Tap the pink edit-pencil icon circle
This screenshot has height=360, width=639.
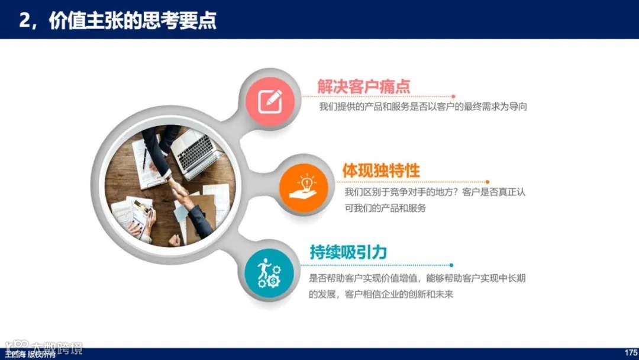tap(270, 98)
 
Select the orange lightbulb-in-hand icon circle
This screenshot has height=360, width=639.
tap(304, 185)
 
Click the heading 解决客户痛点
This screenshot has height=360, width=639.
tap(363, 86)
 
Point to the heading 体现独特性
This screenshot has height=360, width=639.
tap(381, 171)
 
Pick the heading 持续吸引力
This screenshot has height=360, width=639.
tap(348, 252)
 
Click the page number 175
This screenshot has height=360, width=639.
tap(631, 353)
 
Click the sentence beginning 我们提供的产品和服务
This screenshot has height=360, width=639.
tap(422, 107)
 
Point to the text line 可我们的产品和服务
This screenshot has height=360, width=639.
tap(385, 208)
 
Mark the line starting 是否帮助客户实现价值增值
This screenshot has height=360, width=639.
tap(417, 278)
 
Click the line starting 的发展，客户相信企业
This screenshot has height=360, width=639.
tap(380, 294)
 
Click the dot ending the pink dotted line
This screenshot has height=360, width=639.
tap(454, 96)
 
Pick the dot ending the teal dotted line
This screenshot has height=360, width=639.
tap(451, 265)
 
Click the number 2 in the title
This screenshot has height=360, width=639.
tap(24, 20)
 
